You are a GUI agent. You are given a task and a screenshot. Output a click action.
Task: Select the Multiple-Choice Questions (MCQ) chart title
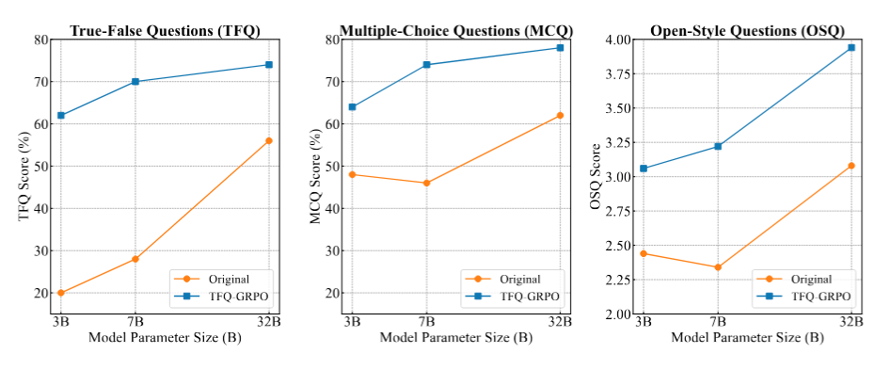click(x=455, y=30)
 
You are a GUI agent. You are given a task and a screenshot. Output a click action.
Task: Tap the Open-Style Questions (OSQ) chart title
click(x=748, y=30)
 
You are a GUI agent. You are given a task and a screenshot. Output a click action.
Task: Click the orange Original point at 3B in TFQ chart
click(x=60, y=293)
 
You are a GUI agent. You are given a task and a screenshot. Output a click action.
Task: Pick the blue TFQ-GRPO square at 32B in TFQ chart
click(x=269, y=65)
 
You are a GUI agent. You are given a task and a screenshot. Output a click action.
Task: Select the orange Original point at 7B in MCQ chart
click(x=426, y=183)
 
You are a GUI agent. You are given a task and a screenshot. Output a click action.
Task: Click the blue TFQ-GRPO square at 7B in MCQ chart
click(x=426, y=65)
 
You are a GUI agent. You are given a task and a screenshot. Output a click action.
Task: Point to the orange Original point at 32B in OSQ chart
click(x=851, y=166)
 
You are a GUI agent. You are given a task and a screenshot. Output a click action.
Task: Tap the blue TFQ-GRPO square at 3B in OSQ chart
click(x=643, y=169)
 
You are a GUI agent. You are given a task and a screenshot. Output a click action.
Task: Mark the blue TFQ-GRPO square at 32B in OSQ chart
click(x=851, y=47)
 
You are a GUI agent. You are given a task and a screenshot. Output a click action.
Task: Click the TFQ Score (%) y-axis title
click(x=24, y=176)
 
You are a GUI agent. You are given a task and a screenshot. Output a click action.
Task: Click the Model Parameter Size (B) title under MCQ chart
click(x=455, y=338)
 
